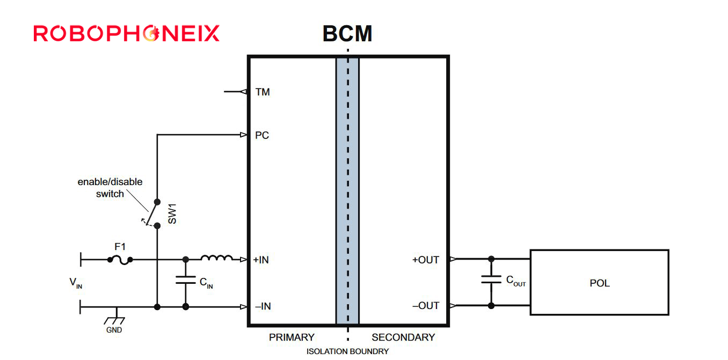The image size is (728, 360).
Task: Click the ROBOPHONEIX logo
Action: (127, 33)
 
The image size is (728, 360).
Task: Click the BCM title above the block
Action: (347, 34)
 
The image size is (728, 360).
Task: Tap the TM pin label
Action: (263, 92)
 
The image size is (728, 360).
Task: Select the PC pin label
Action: (262, 135)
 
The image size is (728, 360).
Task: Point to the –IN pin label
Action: (263, 306)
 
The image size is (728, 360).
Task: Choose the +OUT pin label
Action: (425, 260)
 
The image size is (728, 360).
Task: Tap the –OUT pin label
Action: (425, 306)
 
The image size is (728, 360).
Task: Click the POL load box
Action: (599, 282)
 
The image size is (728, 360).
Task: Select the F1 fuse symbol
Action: (120, 260)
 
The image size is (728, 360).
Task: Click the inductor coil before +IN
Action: (216, 259)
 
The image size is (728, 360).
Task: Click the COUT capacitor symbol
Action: (491, 280)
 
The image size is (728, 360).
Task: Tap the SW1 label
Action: (172, 213)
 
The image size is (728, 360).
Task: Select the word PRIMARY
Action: (292, 337)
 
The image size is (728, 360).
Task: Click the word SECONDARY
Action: (403, 337)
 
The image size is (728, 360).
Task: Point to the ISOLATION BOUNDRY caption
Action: (347, 352)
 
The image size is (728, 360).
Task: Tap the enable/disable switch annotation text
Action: (110, 188)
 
